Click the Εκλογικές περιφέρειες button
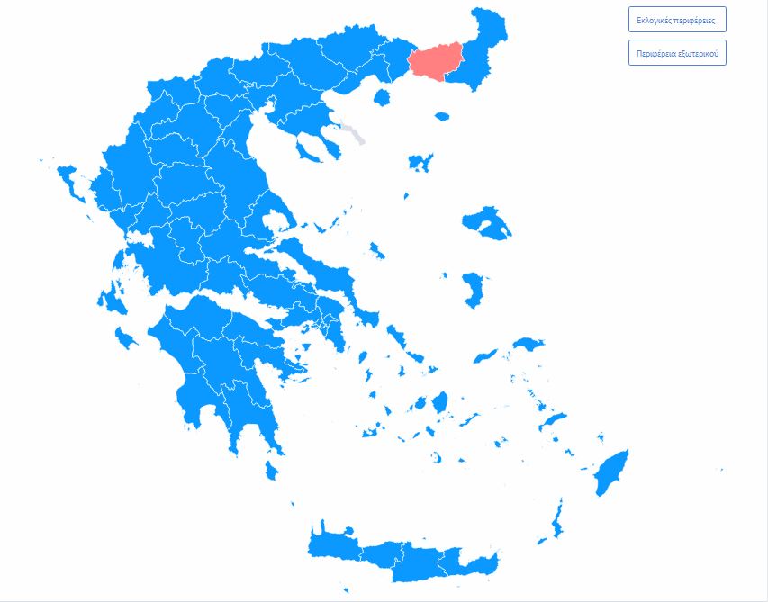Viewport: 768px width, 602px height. tap(676, 20)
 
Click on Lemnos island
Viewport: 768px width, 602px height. tap(420, 163)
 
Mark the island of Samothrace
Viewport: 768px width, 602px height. tap(441, 116)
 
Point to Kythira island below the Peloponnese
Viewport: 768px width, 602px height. tap(271, 471)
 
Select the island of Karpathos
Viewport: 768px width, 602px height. tap(556, 521)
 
